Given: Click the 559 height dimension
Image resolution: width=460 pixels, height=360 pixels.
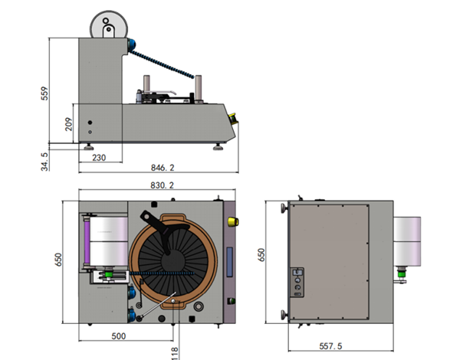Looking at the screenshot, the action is point(44,93).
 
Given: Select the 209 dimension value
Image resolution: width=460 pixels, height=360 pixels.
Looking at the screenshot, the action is point(68,124).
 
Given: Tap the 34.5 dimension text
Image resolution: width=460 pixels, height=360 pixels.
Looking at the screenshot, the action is point(44,162).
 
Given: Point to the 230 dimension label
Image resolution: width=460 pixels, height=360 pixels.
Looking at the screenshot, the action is point(99,158).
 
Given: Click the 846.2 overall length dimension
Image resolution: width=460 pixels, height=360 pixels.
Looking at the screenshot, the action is point(163,168).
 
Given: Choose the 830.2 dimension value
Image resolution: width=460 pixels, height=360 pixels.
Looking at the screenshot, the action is point(163,185).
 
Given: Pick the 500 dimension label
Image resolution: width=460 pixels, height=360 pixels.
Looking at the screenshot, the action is point(119,336).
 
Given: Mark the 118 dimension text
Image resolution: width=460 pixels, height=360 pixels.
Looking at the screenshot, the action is point(174,353).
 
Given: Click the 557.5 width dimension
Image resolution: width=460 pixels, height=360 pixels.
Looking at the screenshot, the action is point(330,346).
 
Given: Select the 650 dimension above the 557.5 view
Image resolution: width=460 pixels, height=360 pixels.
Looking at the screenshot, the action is point(261,255).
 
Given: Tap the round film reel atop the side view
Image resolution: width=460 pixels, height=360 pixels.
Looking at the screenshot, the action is point(109,25).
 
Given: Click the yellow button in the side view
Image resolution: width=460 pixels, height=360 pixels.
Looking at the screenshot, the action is point(233,119).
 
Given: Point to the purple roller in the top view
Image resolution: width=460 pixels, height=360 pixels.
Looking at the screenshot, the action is point(87,243).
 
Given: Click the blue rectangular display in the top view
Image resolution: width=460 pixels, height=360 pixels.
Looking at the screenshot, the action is point(229,262).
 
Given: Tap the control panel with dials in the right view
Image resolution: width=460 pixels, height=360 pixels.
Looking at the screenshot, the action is point(297,283).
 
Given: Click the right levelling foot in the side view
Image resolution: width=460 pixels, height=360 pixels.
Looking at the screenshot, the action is point(218,146).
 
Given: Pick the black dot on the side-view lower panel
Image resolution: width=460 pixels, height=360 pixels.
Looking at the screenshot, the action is point(90,123).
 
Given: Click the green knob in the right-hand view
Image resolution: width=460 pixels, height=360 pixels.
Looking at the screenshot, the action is point(401,273).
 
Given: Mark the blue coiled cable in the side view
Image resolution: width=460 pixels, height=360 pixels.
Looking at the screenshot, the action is point(162,64).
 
